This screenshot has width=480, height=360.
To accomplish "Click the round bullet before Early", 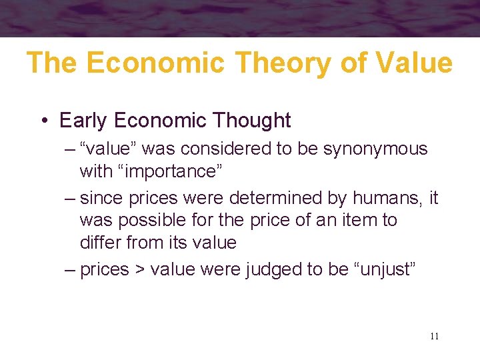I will pyautogui.click(x=43, y=121).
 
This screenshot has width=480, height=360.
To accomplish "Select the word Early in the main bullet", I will pyautogui.click(x=84, y=121).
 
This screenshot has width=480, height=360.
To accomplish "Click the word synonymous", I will pyautogui.click(x=375, y=149).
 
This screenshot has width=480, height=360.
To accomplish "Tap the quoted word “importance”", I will pyautogui.click(x=170, y=171).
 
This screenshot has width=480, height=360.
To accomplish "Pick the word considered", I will pyautogui.click(x=230, y=149).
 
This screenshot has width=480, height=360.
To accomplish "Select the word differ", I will pyautogui.click(x=101, y=242).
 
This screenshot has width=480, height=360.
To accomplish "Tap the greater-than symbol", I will pyautogui.click(x=139, y=270).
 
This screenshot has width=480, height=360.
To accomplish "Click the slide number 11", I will pyautogui.click(x=434, y=336).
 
